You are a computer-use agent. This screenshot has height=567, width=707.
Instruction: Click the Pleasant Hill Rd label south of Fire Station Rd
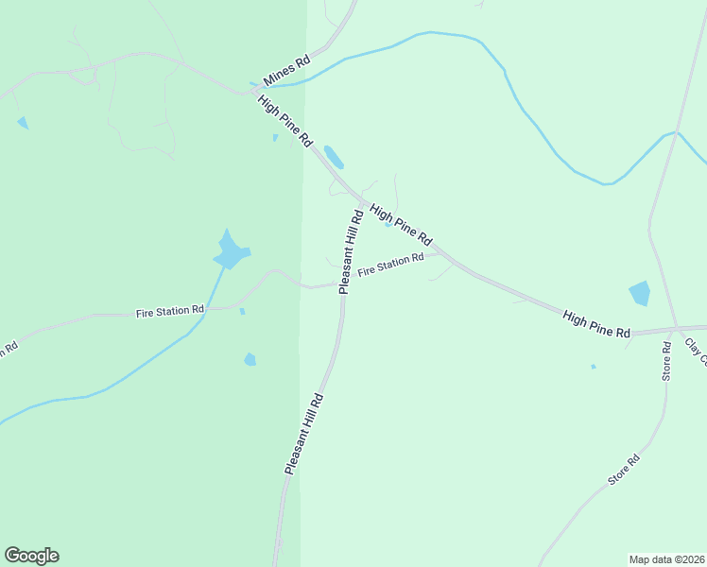304,434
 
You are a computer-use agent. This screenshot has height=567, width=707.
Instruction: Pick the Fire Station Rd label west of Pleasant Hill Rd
170,310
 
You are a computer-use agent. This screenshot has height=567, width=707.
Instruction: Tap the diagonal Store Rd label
624,470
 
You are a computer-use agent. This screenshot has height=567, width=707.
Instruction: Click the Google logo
31,556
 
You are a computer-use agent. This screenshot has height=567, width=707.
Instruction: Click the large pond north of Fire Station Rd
230,251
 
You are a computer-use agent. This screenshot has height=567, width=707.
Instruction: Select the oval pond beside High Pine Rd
334,156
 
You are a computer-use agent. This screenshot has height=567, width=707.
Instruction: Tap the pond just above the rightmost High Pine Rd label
640,293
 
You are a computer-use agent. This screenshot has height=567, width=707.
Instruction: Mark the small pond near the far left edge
23,123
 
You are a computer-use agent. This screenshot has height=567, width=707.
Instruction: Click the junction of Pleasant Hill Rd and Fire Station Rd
340,283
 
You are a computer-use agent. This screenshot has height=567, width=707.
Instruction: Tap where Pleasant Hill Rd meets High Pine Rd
363,202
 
